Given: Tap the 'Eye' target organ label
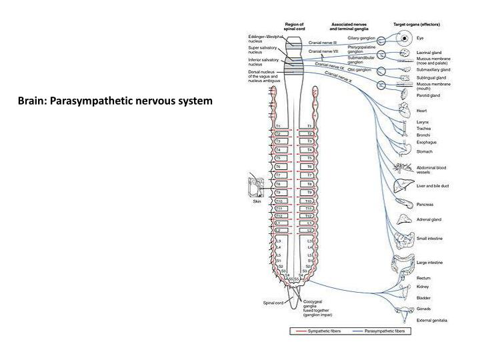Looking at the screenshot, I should click(x=420, y=38).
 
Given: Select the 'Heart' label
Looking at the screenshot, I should click(x=423, y=111).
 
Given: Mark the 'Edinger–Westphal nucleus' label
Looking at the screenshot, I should click(x=261, y=38).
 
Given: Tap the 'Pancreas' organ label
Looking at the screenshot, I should click(x=427, y=204).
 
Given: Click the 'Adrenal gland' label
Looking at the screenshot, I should click(x=429, y=219).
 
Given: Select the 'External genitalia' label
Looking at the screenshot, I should click(x=432, y=321).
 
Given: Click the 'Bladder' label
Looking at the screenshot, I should click(x=424, y=298).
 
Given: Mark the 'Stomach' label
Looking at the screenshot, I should click(x=425, y=151).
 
